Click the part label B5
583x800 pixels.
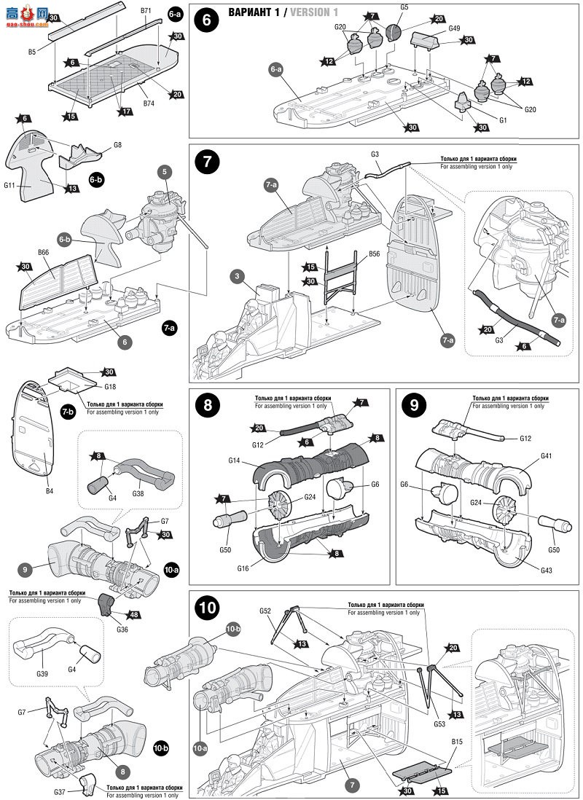tap(32, 52)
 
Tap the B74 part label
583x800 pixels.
tap(148, 103)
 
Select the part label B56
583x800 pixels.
tap(375, 254)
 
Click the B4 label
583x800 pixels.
tap(50, 491)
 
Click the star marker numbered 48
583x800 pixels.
tap(135, 614)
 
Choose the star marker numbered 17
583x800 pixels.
tap(127, 111)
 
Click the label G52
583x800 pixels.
tap(265, 610)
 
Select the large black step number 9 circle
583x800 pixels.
tap(414, 406)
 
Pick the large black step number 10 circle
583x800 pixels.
tap(207, 608)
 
